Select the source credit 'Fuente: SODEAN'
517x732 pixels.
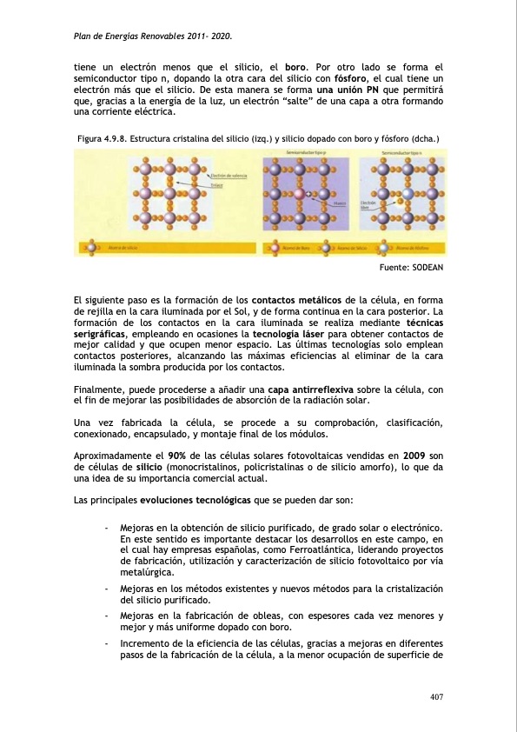pos(414,270)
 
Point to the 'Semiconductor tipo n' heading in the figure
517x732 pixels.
pos(402,153)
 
